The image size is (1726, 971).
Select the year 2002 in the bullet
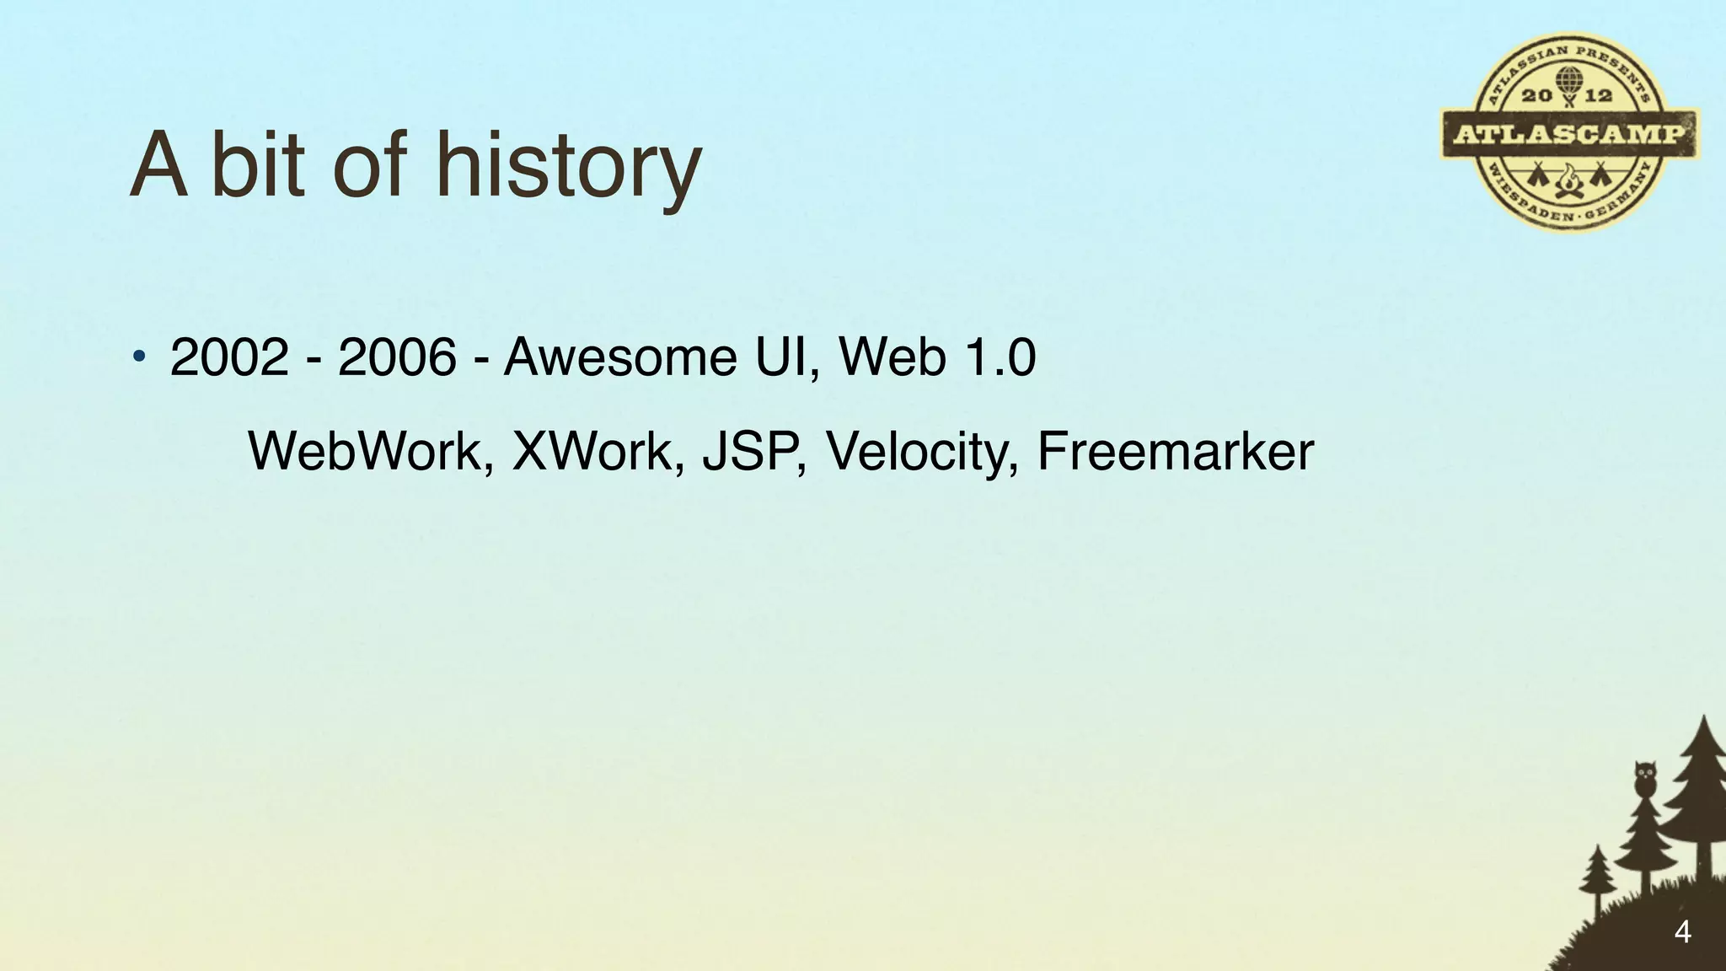pyautogui.click(x=229, y=357)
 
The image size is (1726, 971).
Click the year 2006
pyautogui.click(x=397, y=357)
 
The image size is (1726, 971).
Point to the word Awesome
pyautogui.click(x=620, y=357)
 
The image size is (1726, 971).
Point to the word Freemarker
pyautogui.click(x=1175, y=451)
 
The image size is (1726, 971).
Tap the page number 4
pyautogui.click(x=1682, y=932)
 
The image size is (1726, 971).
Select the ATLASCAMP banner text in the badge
pyautogui.click(x=1569, y=134)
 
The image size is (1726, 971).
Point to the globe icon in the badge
pyautogui.click(x=1568, y=82)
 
